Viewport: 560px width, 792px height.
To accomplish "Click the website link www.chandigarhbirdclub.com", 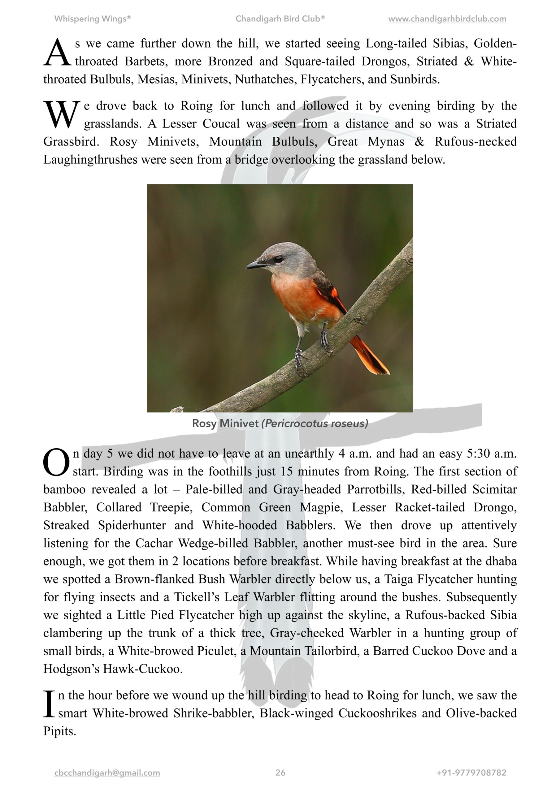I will click(447, 19).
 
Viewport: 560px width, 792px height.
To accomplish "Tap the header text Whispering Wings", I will click(92, 19).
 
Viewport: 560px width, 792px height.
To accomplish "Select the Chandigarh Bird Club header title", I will click(280, 19).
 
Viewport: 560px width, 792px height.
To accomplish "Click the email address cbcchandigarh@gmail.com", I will click(107, 773).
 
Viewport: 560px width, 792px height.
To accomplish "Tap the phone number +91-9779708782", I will click(471, 773).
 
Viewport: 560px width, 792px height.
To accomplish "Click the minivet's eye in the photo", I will click(278, 258).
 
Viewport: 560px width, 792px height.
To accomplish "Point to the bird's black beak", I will click(255, 265).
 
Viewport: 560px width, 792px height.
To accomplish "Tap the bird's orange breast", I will click(293, 297).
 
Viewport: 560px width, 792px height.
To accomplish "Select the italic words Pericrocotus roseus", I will click(315, 423).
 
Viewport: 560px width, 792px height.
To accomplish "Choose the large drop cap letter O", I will click(56, 462).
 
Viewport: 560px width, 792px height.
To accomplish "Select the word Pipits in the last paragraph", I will click(59, 731).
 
